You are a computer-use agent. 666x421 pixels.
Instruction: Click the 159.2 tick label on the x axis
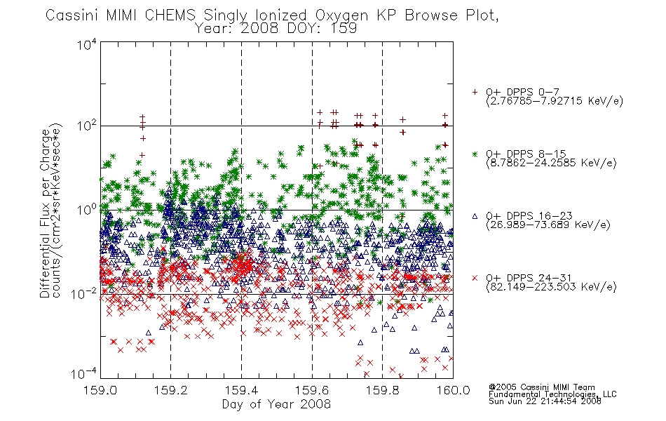(x=171, y=390)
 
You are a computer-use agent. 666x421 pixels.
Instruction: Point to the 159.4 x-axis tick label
(x=241, y=390)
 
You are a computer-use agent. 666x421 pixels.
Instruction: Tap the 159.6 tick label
(x=312, y=390)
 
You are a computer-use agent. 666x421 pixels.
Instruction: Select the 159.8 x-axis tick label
(x=382, y=390)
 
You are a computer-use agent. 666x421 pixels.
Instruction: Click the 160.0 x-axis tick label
(x=453, y=390)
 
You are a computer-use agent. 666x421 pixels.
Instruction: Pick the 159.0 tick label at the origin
(x=100, y=390)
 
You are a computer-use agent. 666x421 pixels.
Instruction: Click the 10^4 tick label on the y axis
(x=87, y=44)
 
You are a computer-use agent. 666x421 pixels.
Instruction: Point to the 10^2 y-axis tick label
(x=87, y=126)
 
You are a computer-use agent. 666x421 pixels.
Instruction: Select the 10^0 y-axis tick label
(x=87, y=210)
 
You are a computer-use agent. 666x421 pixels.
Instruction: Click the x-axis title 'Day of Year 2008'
(x=276, y=404)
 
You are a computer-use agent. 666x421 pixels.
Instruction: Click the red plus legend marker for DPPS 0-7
(x=475, y=92)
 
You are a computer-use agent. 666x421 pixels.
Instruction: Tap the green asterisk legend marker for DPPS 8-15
(x=475, y=154)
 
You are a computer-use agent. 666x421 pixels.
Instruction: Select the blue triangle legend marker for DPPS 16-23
(x=475, y=216)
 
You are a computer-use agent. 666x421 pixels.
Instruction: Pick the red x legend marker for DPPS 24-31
(x=475, y=278)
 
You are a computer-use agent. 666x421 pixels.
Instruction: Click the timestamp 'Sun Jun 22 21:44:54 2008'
(x=545, y=401)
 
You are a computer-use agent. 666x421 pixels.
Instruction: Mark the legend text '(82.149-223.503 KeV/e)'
(x=551, y=286)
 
